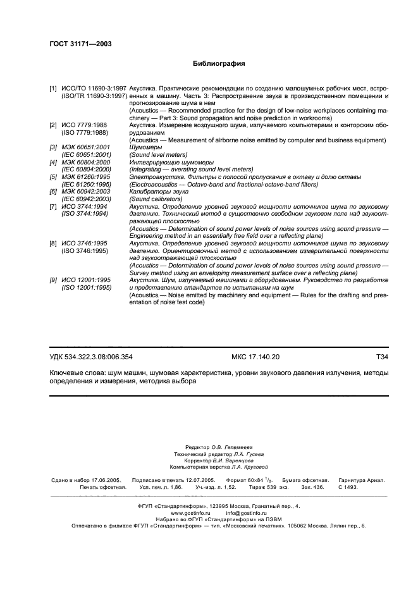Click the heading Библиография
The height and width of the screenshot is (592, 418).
coord(218,64)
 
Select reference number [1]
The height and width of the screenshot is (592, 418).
coord(54,89)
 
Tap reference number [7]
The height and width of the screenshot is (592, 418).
coord(54,206)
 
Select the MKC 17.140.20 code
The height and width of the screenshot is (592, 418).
coord(255,357)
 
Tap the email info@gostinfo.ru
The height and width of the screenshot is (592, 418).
coord(244,513)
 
